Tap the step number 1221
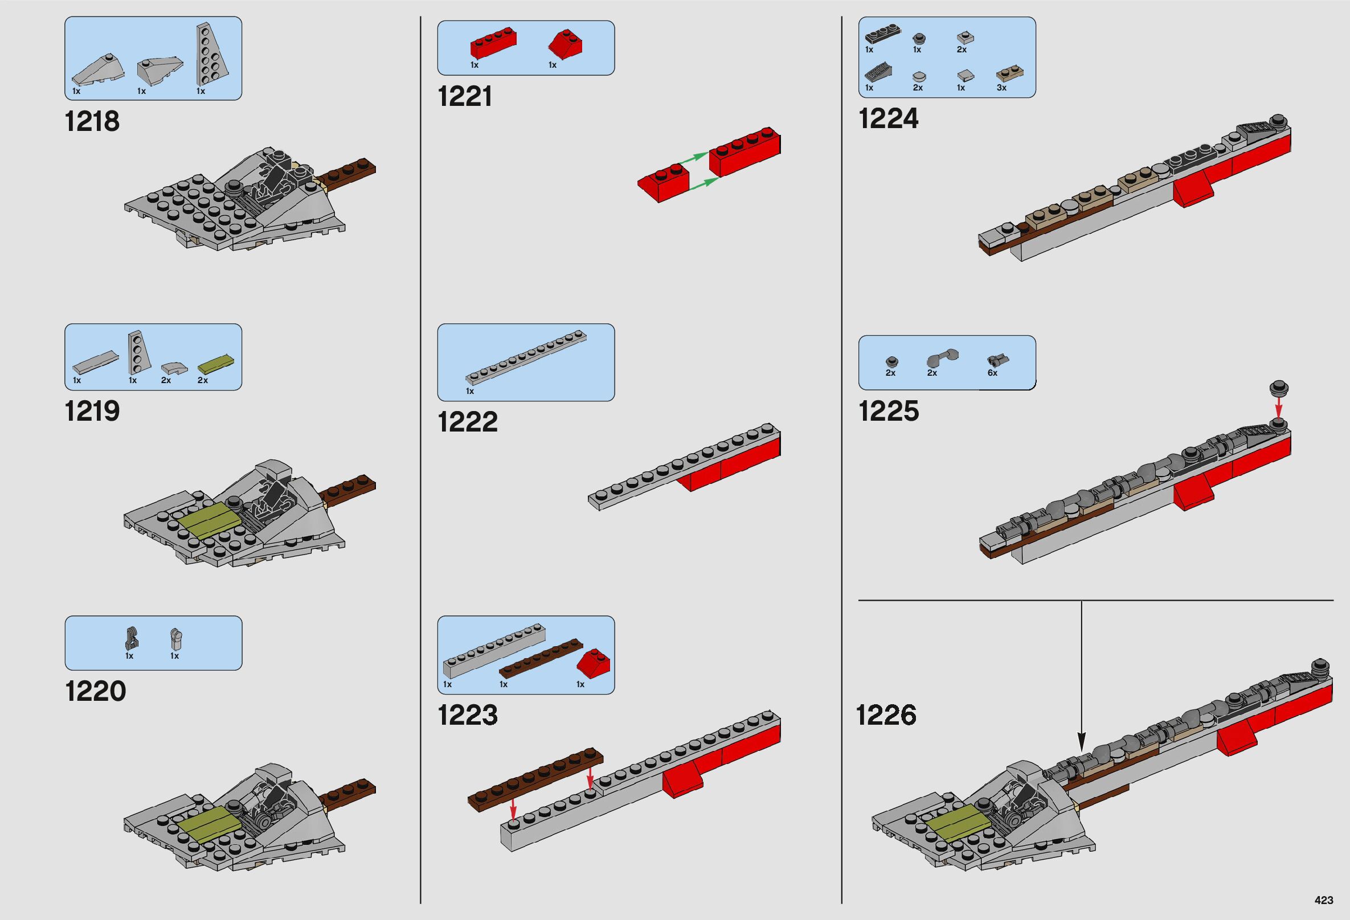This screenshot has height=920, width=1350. coord(465,96)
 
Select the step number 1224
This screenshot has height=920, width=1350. coord(888,119)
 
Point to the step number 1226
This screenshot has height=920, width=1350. coord(886,714)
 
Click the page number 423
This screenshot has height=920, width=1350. coord(1323,900)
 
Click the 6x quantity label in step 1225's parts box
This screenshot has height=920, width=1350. coord(992,373)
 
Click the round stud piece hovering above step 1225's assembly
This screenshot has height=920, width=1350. coord(1278,388)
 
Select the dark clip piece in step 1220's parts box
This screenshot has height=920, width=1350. coord(129,639)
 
